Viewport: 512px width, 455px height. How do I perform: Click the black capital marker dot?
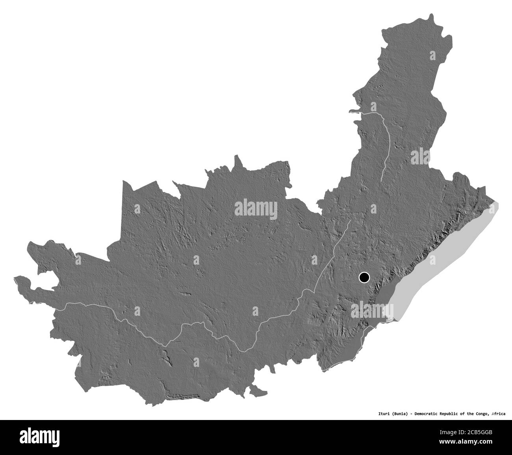tap(364, 278)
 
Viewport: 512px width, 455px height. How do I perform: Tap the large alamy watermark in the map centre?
tap(256, 208)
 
